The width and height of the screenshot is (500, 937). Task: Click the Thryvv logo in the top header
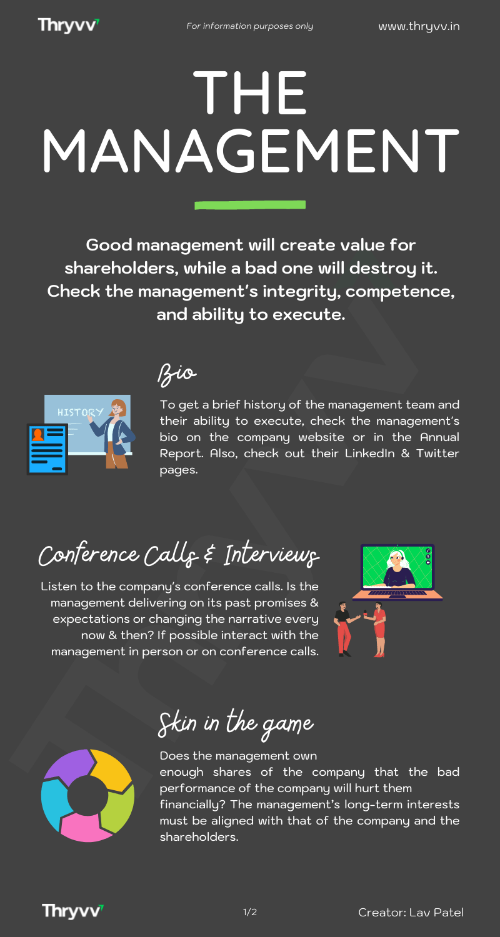click(69, 25)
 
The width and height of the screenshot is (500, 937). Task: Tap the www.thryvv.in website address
click(419, 26)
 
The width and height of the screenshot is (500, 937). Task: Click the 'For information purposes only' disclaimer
click(250, 26)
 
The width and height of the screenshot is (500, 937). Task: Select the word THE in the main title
click(250, 92)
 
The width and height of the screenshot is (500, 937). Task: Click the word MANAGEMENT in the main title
click(251, 151)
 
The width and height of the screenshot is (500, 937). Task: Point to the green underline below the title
click(250, 204)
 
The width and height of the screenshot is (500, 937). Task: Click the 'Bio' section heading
click(177, 374)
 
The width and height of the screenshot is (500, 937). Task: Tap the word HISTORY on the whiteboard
click(81, 412)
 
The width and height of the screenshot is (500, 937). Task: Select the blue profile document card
click(47, 449)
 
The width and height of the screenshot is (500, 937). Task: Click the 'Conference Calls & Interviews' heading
click(179, 554)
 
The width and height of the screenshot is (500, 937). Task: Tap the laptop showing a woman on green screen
click(397, 572)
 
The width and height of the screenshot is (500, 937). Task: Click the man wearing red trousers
click(344, 629)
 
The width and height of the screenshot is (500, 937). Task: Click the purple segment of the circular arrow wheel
click(69, 766)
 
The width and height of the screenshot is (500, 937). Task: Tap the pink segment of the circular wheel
click(86, 827)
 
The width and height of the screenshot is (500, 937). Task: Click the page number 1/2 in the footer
click(250, 912)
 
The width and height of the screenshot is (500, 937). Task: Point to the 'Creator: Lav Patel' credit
click(411, 912)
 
